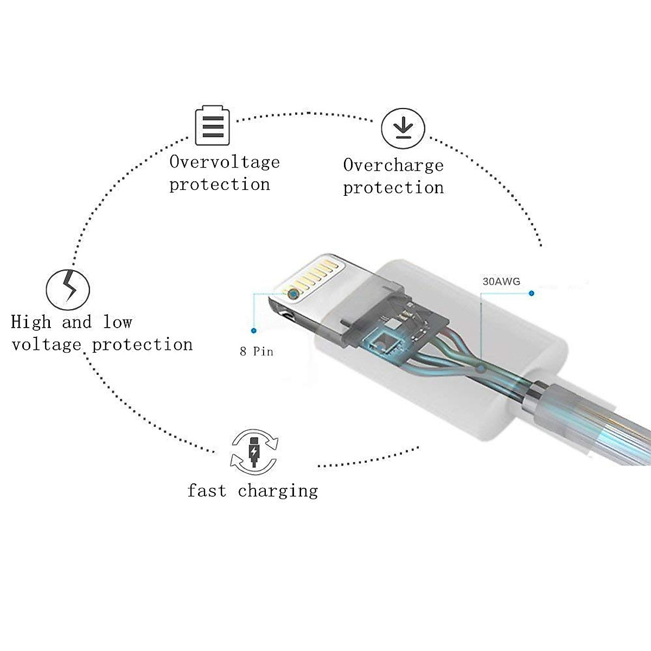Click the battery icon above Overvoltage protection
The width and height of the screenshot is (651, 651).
(212, 126)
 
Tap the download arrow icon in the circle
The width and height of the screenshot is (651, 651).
(403, 129)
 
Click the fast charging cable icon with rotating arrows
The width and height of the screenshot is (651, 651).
(254, 452)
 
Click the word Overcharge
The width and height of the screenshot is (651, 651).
(393, 165)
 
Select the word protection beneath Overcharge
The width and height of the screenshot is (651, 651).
(393, 188)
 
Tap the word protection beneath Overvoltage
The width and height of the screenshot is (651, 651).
(220, 185)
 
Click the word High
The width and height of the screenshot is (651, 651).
(31, 322)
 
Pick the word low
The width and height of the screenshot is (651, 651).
(117, 322)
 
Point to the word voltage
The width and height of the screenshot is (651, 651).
(46, 345)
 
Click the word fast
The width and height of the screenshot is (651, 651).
(207, 490)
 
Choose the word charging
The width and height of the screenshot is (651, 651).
(278, 492)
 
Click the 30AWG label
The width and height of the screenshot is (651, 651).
(501, 282)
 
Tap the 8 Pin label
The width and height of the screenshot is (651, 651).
(257, 352)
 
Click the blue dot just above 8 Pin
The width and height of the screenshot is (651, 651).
(254, 330)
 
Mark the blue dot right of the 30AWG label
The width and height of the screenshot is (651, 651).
(532, 293)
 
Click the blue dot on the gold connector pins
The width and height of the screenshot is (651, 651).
(293, 294)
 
